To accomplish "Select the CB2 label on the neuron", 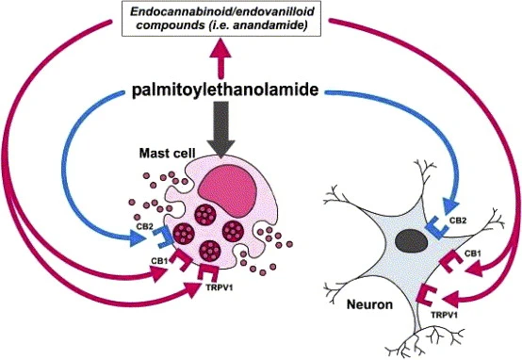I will pos(457,220).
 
